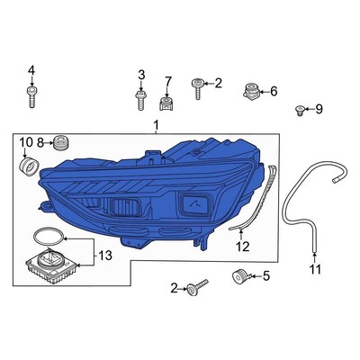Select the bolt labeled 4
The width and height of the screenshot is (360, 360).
pos(32,95)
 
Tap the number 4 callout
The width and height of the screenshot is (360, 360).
pos(32,70)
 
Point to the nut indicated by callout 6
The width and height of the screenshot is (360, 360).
pos(252,90)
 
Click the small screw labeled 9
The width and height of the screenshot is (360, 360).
pos(299,110)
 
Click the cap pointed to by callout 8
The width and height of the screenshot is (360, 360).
pos(61,141)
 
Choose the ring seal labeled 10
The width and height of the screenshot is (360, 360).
pos(29,166)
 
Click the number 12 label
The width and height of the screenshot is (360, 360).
pos(242,245)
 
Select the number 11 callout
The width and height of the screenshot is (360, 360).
pos(315,269)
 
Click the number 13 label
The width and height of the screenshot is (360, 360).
pos(106,256)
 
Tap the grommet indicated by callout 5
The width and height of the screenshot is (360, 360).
pos(239,275)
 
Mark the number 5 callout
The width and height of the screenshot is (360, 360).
pos(266,276)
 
